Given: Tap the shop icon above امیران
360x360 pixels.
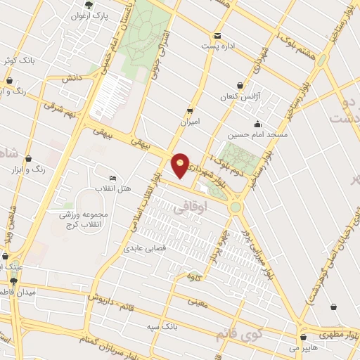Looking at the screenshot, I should click(x=190, y=111).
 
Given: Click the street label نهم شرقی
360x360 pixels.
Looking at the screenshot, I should click(x=58, y=107).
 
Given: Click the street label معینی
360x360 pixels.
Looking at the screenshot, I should click(x=198, y=302).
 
